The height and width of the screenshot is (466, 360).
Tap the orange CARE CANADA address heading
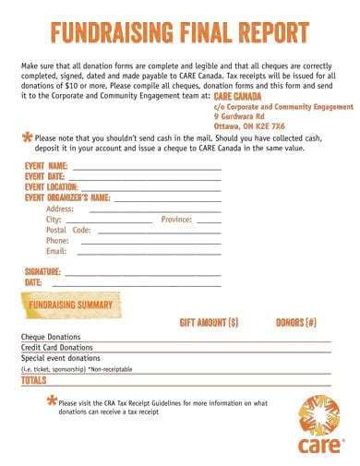237,96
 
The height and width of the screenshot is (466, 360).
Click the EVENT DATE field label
44,176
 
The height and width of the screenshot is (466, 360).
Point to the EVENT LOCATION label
52,186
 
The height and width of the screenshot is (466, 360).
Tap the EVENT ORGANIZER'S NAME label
67,197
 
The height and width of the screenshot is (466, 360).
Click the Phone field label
57,241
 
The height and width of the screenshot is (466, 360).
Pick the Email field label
56,251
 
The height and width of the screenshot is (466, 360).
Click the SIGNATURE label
42,271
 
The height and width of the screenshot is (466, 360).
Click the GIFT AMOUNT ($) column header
209,322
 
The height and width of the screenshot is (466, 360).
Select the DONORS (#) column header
296,322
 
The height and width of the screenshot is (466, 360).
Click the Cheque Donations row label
51,337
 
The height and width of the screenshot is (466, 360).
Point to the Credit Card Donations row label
57,347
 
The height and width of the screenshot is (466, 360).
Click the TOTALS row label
33,379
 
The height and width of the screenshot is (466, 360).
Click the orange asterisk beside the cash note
26,137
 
